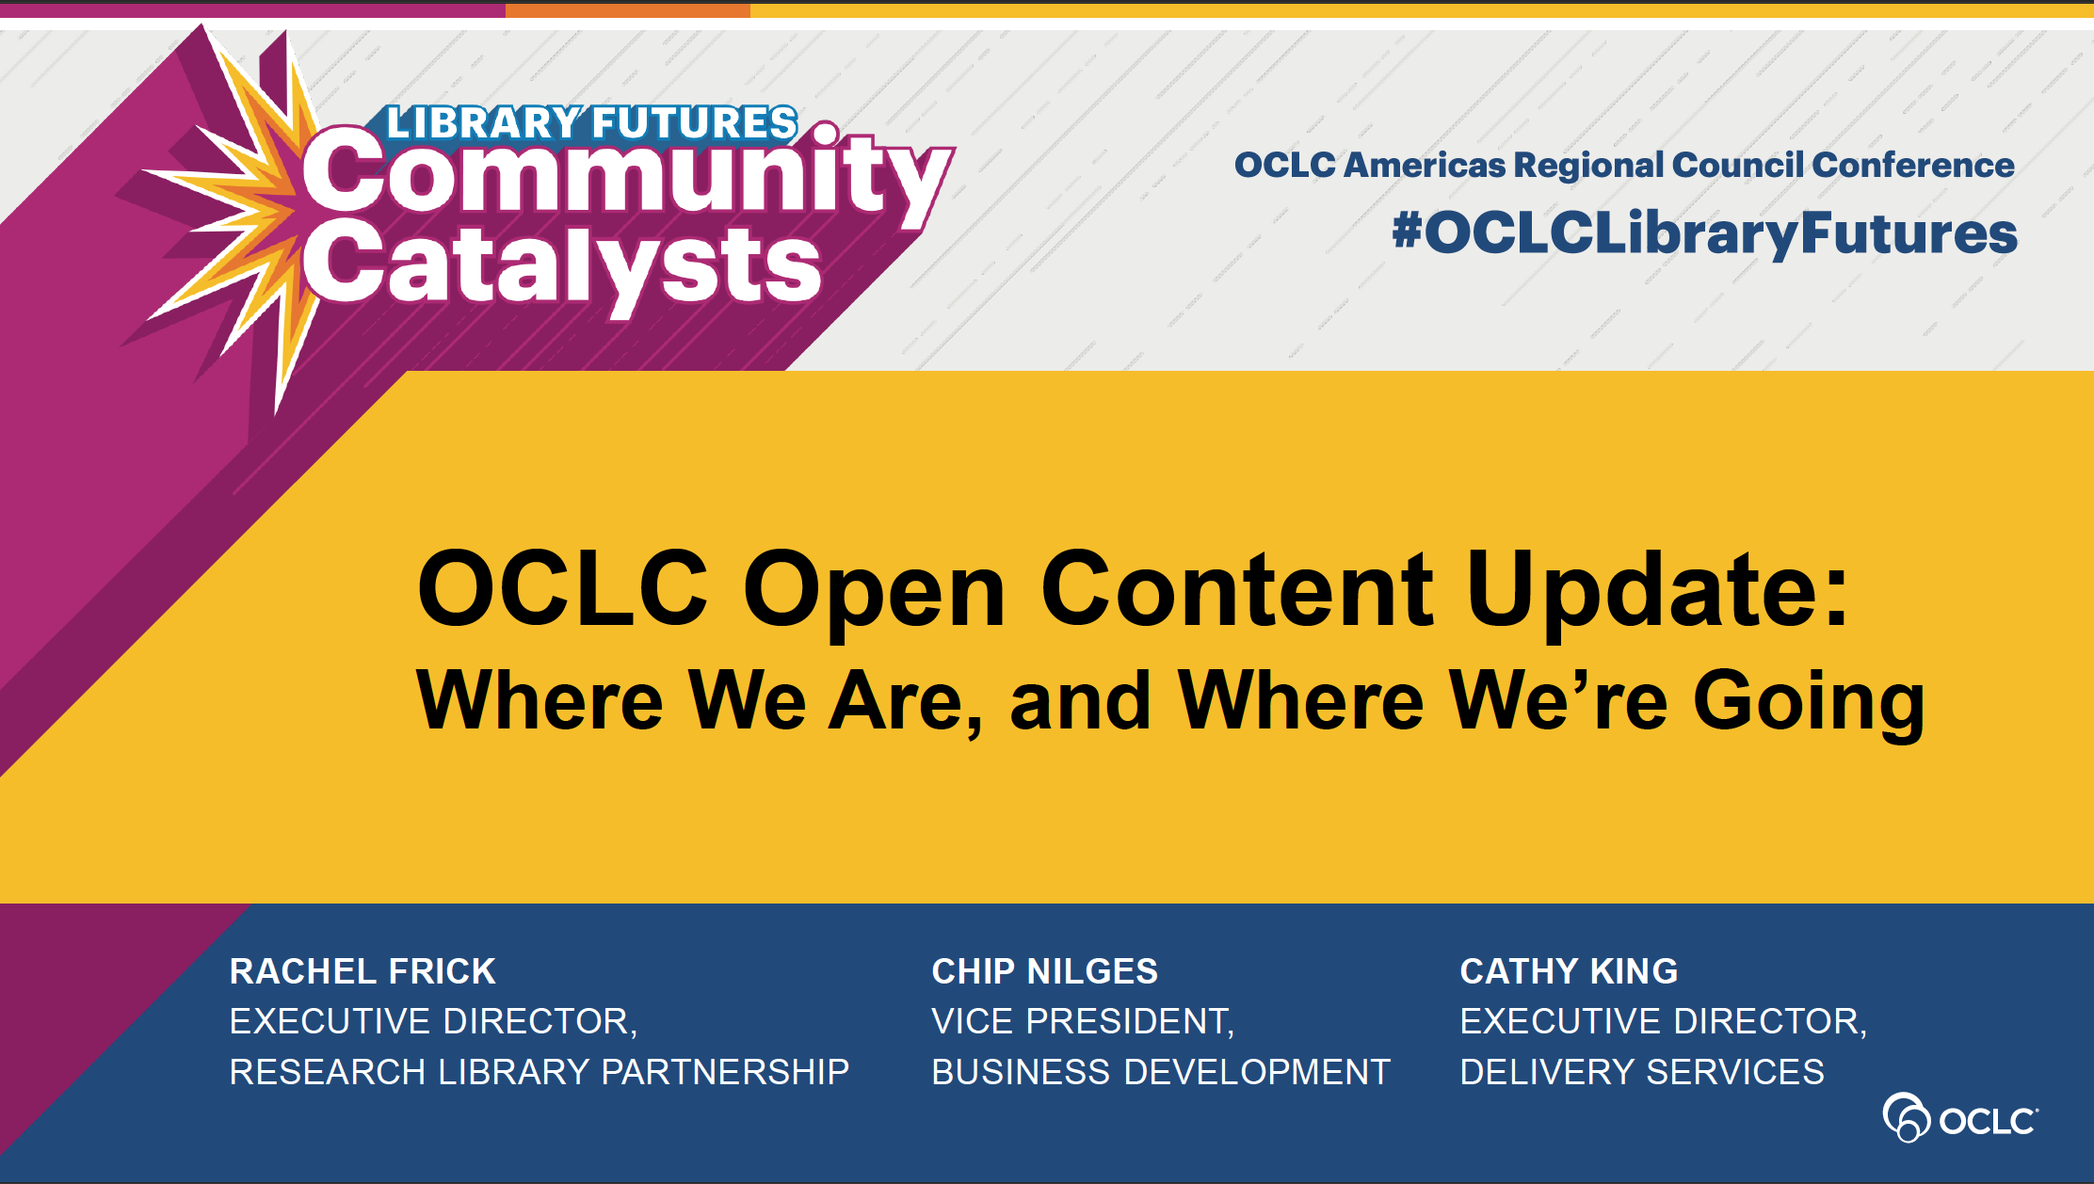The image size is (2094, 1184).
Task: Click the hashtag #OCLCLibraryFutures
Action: coord(1705,233)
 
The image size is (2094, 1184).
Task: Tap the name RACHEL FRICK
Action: coord(362,971)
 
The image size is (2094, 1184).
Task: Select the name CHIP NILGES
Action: coord(1045,971)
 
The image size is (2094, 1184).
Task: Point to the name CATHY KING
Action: coord(1569,971)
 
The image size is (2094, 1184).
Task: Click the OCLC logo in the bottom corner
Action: coord(1960,1118)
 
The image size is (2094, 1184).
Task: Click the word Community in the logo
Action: coord(626,174)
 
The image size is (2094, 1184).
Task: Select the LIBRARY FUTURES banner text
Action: coord(592,123)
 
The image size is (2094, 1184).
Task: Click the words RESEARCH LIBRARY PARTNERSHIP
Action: coord(540,1072)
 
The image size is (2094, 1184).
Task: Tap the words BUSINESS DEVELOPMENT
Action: coord(1161,1072)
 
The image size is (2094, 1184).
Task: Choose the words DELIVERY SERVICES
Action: coord(1642,1072)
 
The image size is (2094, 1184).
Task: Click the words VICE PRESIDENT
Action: coord(1080,1021)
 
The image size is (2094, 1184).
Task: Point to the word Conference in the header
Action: coord(1913,165)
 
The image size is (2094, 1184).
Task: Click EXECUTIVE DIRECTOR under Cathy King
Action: coord(1661,1021)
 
